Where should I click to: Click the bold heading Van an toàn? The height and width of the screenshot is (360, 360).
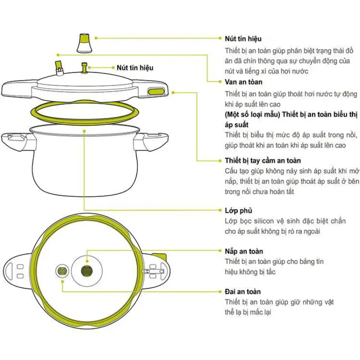click(243, 82)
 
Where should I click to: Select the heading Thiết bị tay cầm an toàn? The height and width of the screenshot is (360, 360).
click(263, 160)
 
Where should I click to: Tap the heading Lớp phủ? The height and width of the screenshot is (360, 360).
click(238, 211)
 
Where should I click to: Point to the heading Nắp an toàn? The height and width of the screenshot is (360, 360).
click(244, 251)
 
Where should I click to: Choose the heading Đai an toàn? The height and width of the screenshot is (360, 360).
click(243, 292)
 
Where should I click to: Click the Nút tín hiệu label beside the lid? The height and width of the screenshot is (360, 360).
click(135, 67)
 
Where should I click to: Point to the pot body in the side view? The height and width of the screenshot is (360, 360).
click(84, 162)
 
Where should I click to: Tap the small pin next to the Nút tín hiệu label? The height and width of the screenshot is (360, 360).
click(84, 68)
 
